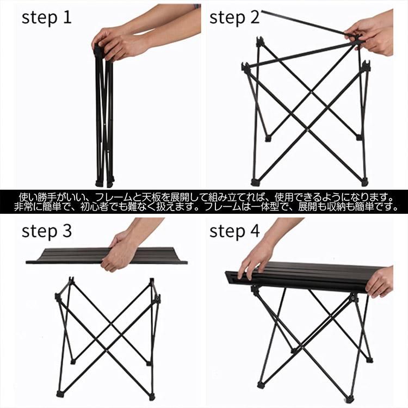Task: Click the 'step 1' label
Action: click(x=46, y=18)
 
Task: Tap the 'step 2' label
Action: click(x=234, y=18)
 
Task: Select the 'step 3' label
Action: click(x=46, y=231)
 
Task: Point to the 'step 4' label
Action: click(x=234, y=231)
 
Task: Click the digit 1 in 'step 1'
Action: click(x=67, y=17)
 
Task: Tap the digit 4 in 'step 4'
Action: click(x=255, y=230)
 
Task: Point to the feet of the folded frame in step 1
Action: click(x=105, y=182)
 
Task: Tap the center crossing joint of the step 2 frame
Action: click(x=312, y=91)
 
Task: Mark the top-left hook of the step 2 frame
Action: click(x=259, y=42)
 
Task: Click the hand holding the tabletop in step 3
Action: click(x=120, y=251)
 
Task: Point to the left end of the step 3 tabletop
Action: click(x=27, y=262)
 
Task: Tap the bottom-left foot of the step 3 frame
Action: click(x=60, y=394)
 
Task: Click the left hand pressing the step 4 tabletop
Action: click(x=254, y=263)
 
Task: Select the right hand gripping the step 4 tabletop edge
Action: click(x=380, y=282)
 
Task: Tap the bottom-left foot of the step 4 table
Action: click(x=261, y=384)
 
